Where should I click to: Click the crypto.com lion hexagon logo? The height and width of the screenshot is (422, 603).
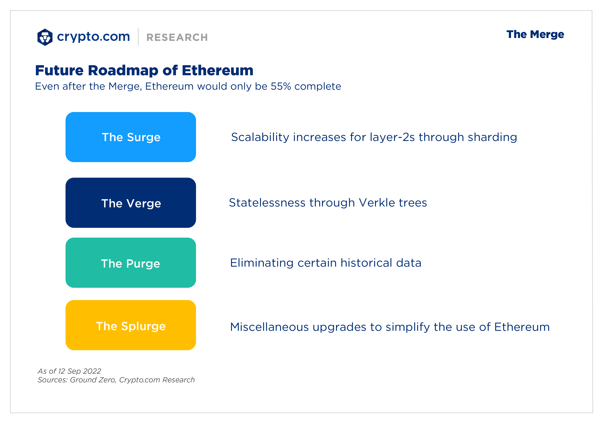point(45,37)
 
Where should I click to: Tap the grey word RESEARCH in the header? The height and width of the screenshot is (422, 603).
point(177,37)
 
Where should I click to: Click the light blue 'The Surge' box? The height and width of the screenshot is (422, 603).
point(131,137)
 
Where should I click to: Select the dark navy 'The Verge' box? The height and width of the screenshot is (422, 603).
point(131,203)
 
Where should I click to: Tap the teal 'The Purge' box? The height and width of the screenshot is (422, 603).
point(131,263)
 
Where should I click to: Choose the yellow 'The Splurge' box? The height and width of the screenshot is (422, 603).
point(131,325)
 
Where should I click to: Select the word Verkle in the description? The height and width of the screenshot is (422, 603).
point(377,203)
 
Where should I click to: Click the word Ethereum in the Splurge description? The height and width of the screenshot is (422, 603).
point(522,327)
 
